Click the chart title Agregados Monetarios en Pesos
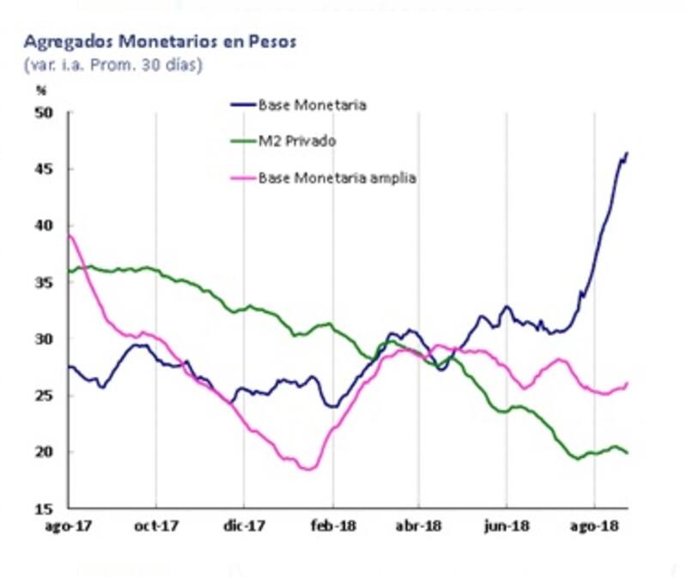tap(160, 42)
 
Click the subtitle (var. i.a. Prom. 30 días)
tap(113, 64)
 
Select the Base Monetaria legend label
tap(313, 105)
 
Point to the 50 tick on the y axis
tap(45, 112)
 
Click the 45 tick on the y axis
tap(45, 169)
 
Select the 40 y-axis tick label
tap(45, 226)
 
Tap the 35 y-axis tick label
tap(45, 282)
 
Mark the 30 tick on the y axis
tap(45, 339)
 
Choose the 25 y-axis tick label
tap(45, 396)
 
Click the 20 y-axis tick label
tap(45, 452)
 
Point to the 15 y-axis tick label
tap(45, 508)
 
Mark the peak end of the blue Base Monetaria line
tap(627, 154)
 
